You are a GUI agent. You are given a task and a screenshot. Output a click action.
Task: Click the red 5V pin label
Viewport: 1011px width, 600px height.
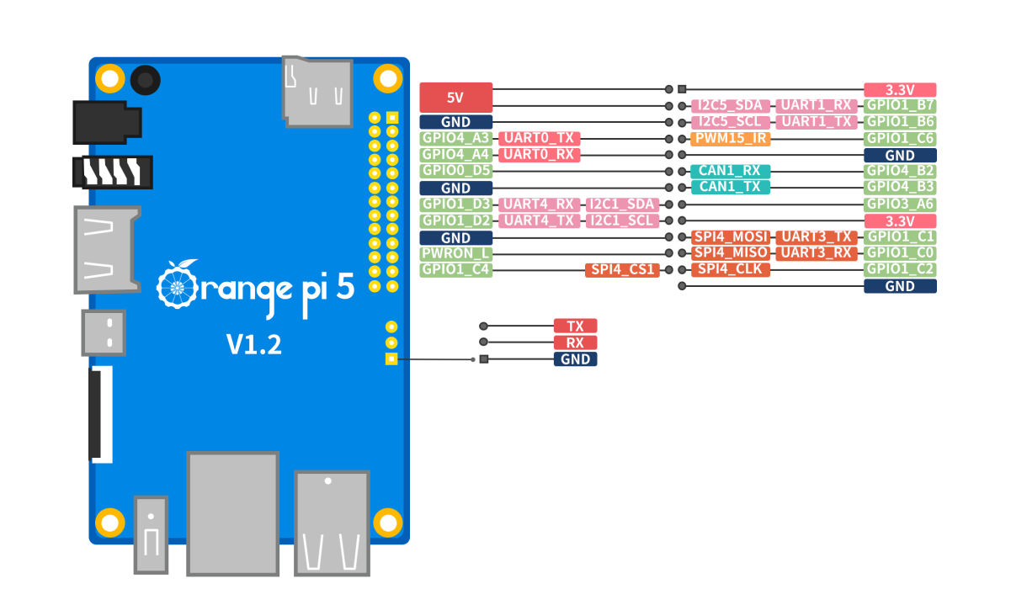[455, 98]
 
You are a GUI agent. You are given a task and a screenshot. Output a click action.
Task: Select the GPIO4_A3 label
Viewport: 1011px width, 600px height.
[455, 138]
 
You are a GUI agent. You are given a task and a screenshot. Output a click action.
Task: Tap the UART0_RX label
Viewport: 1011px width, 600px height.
[539, 155]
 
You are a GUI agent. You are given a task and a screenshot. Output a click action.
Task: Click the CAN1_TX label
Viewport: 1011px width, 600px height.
[730, 187]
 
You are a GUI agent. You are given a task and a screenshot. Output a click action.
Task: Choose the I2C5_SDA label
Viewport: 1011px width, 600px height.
[730, 106]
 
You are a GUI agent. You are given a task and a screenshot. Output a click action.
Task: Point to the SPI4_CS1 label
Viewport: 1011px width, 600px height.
[622, 270]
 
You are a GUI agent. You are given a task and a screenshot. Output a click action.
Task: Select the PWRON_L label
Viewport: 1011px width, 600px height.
[455, 253]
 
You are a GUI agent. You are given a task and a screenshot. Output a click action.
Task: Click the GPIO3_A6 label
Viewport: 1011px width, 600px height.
[900, 204]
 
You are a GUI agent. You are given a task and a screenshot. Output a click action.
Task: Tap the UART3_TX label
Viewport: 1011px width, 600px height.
[817, 237]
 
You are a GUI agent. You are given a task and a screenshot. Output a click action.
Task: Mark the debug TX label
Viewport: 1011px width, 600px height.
[575, 326]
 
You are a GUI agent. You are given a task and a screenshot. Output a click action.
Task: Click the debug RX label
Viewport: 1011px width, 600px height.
[575, 342]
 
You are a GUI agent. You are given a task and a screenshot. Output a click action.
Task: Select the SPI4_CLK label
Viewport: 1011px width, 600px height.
[730, 270]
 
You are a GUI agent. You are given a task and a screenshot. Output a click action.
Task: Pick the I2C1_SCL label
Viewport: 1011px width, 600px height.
[622, 220]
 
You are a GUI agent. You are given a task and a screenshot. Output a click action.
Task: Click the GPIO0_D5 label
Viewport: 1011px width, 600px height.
[455, 171]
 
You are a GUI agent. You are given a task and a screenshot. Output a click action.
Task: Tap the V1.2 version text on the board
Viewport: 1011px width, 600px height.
[253, 344]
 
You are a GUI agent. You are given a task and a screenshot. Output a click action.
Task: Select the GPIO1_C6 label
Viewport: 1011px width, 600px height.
[900, 138]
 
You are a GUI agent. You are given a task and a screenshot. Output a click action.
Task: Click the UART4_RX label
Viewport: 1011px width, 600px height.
[539, 204]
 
